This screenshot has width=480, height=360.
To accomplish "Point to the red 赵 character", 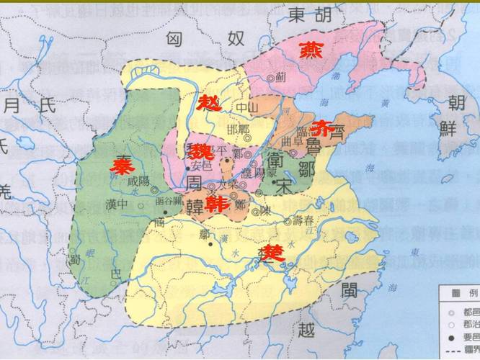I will (x=210, y=102).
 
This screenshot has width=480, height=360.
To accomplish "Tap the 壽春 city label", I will (x=303, y=220).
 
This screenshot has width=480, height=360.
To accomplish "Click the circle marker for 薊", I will (x=271, y=78).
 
